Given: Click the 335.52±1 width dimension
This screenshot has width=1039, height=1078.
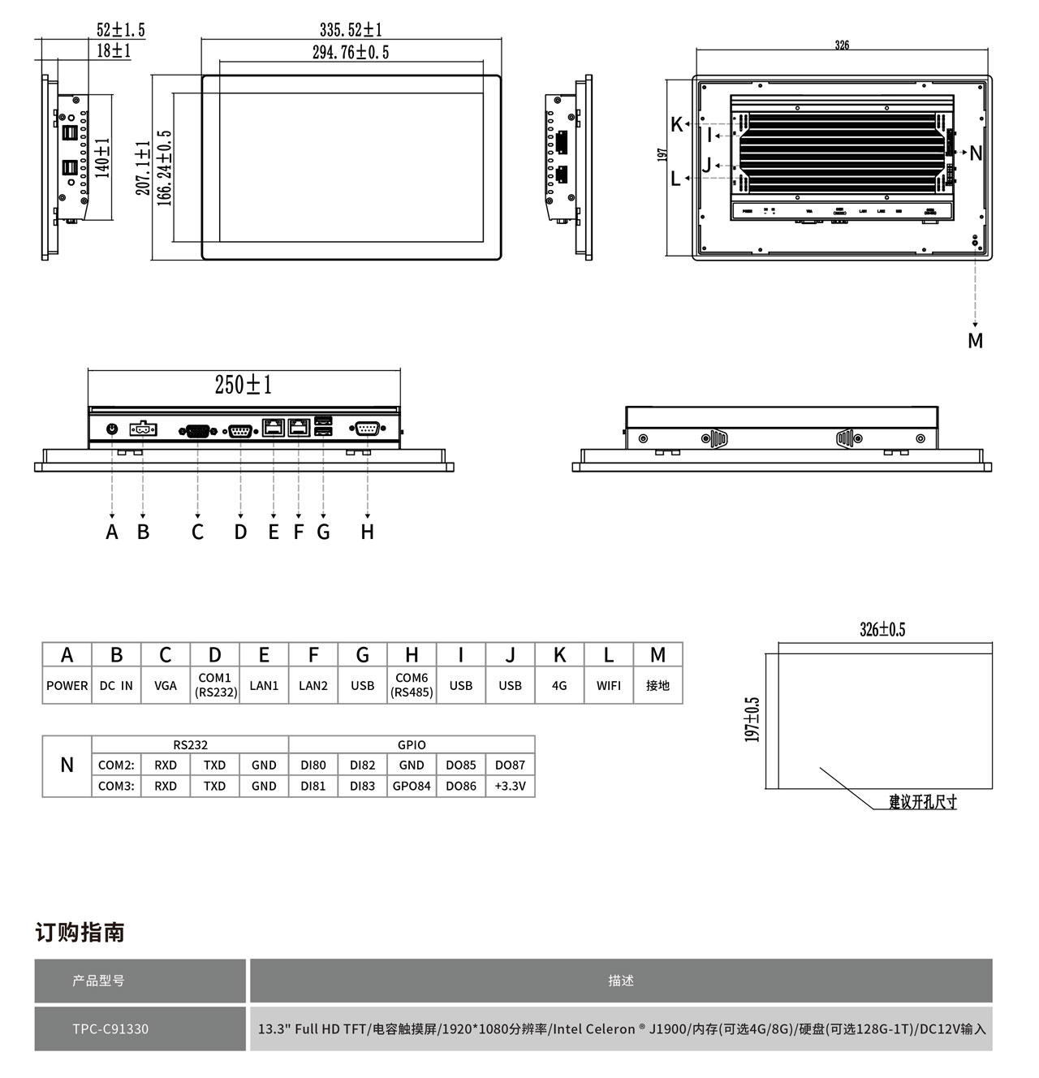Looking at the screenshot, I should pos(351,30).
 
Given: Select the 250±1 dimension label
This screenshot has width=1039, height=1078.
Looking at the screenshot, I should pos(243,384).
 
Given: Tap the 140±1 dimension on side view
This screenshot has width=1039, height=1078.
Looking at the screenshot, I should pos(103,157).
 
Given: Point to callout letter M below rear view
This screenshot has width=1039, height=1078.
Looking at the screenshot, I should pos(975,341).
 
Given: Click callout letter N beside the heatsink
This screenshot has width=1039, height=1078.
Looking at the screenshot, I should pos(976,153).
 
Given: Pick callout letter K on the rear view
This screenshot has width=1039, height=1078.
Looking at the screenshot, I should pos(677,125).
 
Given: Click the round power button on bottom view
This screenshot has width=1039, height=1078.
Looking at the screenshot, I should pos(112,428).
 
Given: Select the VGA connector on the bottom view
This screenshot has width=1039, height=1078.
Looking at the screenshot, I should pos(197,430).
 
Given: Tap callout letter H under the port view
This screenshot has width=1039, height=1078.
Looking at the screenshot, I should pos(368,533).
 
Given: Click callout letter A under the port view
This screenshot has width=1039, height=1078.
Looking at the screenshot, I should pos(112,533).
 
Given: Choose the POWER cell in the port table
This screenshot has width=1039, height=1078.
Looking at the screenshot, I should pos(67,685).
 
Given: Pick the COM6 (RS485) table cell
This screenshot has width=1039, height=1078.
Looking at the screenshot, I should pos(412,685).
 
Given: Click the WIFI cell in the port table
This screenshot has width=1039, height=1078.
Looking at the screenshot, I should pos(609,685).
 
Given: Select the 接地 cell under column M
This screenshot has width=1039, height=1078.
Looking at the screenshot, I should pos(657,685).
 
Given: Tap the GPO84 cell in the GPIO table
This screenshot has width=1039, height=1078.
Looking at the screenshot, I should pos(412,786).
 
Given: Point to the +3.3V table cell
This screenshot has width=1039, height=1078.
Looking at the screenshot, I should pos(510,786).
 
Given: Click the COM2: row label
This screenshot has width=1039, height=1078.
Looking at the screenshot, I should pos(116,765).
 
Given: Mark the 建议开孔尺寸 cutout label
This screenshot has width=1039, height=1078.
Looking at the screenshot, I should pos(923,802).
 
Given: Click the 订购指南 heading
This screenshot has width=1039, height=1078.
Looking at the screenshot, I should pos(80,932).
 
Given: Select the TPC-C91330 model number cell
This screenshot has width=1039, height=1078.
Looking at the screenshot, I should pos(110,1028).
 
